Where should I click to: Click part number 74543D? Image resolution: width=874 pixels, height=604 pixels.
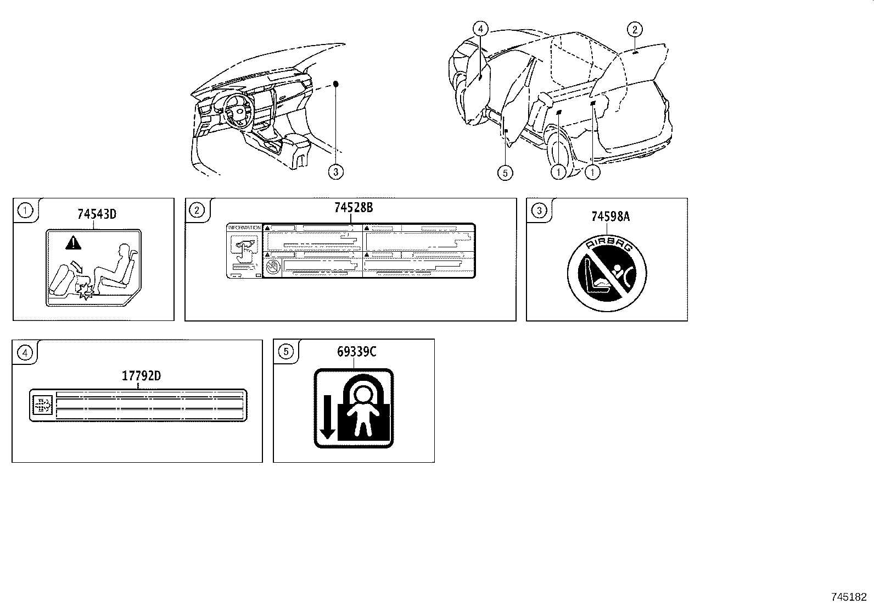pos(97,214)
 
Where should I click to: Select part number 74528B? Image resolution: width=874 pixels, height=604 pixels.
pos(353,208)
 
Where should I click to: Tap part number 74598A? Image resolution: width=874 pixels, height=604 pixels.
pos(610,217)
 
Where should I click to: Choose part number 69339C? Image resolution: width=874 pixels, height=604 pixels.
pos(356,352)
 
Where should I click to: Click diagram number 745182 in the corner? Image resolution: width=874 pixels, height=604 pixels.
pos(849,596)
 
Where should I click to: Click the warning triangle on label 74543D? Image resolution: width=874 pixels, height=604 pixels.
pos(71,242)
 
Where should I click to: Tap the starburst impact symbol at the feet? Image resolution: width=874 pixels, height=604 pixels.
pos(86,293)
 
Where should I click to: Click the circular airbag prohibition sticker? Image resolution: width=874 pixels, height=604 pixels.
pos(607,272)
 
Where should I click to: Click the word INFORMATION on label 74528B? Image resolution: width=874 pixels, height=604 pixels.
pos(244,227)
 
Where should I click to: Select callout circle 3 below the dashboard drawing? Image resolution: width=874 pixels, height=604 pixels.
pos(336,172)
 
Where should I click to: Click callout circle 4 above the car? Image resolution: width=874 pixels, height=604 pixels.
pos(480,29)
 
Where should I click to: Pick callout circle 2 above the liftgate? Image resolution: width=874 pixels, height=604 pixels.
pos(635,30)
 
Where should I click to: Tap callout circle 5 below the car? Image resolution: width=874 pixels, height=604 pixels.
pos(505,173)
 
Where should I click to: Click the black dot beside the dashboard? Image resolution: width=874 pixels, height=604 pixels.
pos(337,84)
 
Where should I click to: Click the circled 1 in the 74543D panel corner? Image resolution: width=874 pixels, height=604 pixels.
pos(24,209)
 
